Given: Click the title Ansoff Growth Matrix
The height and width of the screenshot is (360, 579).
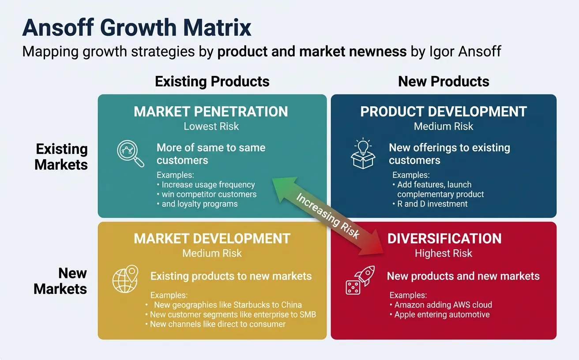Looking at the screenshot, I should [137, 28].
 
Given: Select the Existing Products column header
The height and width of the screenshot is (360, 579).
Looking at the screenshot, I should [212, 82].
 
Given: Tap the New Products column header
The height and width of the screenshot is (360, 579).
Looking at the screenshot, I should [444, 82].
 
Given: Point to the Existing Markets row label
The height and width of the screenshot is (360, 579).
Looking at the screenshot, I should [61, 157].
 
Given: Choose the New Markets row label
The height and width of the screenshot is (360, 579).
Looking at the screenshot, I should [60, 281].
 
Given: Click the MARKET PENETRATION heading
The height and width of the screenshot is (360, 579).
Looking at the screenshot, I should [211, 112].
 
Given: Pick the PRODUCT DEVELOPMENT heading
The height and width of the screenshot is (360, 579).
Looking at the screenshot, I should [444, 112].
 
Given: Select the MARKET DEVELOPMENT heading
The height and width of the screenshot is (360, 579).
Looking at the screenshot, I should [212, 239].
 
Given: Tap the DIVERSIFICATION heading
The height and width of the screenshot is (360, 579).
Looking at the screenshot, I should [444, 239].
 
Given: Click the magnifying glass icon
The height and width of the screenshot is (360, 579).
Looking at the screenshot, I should [130, 154].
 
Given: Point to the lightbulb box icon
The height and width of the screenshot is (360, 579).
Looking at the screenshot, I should [363, 153].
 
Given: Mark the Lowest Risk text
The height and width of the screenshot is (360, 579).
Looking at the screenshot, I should [211, 127].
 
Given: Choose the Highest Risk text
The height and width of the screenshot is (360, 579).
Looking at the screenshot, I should [444, 253].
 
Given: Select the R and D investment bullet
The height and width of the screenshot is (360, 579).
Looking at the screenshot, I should [432, 204].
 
